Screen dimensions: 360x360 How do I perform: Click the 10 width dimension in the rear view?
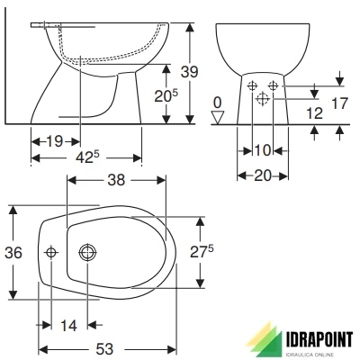coord(261,148)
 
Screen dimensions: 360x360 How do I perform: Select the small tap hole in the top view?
coord(51,253)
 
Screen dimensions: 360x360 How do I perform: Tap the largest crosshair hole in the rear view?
coord(262,96)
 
